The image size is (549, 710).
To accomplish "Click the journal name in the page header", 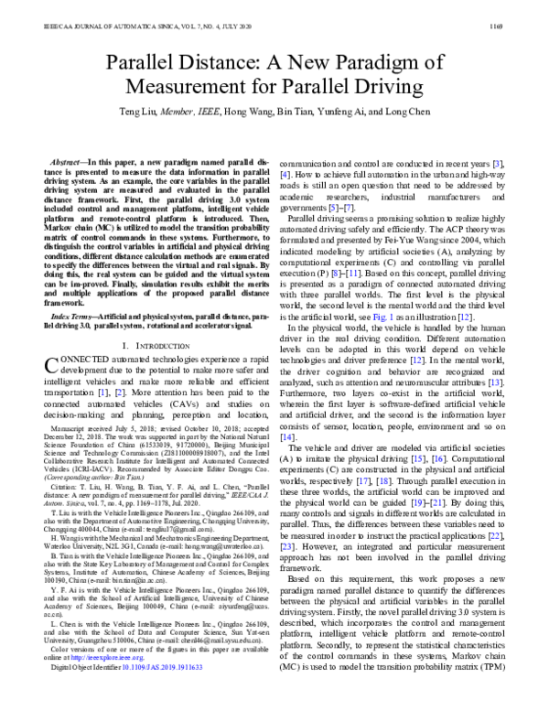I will tap(129, 13).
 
